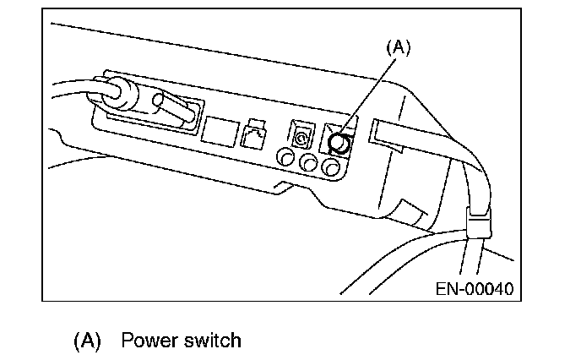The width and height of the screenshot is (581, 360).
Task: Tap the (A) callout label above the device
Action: click(398, 49)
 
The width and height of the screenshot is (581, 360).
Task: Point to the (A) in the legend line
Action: click(88, 341)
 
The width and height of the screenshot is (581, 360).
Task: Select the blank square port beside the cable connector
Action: click(218, 129)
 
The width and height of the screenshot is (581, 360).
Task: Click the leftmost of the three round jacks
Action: click(285, 156)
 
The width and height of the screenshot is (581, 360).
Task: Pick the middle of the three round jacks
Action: click(309, 162)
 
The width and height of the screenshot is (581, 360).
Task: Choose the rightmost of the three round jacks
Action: click(332, 168)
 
